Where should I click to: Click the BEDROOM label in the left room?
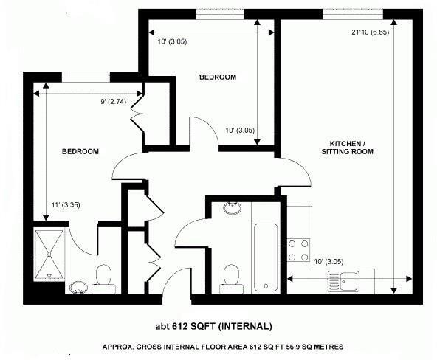click(x=80, y=151)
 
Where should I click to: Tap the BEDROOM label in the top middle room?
click(x=218, y=77)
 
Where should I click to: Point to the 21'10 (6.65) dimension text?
click(x=371, y=32)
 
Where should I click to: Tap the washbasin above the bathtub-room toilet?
click(x=231, y=208)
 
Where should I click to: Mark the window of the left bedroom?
click(x=86, y=75)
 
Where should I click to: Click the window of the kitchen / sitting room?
click(x=352, y=13)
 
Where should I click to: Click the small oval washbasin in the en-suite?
click(x=78, y=286)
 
